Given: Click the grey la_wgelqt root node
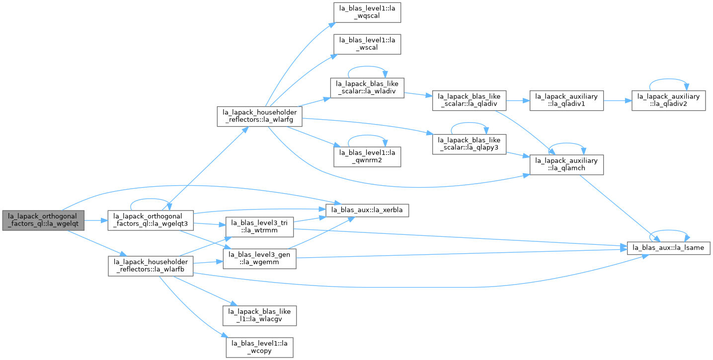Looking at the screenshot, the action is pos(43,220).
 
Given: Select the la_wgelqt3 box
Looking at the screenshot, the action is pos(151,220).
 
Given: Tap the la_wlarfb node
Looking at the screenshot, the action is pos(151,266).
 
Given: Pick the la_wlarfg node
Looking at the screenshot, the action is pos(259,116).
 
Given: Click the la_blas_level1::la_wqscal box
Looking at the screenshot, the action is pos(367,12).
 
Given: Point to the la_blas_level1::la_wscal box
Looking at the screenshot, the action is pos(367,44).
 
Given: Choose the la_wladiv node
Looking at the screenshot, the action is pos(367,88).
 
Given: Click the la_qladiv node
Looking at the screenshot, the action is pos(469,100).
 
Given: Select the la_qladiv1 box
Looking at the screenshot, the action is pos(566,100).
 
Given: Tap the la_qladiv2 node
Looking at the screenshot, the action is pos(668,100).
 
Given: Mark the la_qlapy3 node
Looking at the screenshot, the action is pos(469,144).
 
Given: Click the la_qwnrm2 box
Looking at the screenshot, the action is pos(367,157).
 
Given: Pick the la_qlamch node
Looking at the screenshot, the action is pos(566,165).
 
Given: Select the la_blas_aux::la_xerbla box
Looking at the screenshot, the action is pos(367,210).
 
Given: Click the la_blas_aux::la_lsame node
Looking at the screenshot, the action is pos(668,248).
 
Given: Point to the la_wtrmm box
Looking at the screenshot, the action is pos(259,227).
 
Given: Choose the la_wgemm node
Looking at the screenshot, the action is pos(259,259).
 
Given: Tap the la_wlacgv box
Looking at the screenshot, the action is pos(259,315).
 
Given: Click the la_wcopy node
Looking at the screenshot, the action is pos(259,347).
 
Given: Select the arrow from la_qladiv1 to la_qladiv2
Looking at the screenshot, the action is pos(618,100).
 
